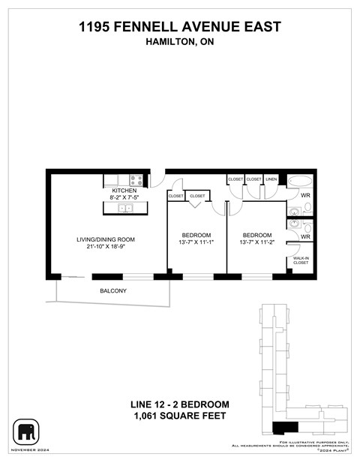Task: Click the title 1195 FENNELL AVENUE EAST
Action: click(180, 27)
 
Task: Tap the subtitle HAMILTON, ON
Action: click(180, 43)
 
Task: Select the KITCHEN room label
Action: click(124, 191)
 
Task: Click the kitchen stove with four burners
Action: click(136, 180)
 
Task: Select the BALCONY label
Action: click(113, 290)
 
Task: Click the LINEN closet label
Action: click(271, 179)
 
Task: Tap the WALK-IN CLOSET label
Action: click(300, 260)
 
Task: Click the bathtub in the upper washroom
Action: click(302, 182)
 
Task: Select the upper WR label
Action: click(304, 196)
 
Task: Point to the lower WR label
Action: click(304, 236)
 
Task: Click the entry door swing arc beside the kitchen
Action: click(157, 180)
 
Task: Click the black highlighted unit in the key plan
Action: click(284, 428)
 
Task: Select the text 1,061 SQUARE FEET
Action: click(180, 416)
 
